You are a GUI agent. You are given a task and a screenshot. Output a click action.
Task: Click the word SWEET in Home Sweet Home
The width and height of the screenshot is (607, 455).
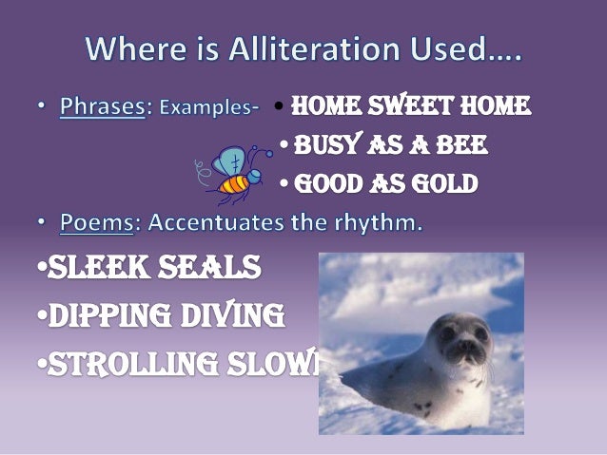click(x=409, y=107)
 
